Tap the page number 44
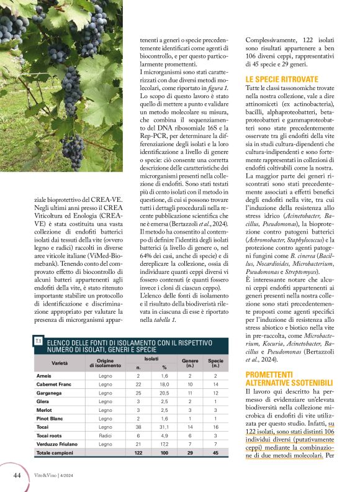(x=18, y=475)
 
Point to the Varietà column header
(x=60, y=362)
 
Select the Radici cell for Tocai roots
(x=106, y=437)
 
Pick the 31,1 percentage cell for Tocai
(x=164, y=428)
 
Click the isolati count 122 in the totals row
(x=138, y=454)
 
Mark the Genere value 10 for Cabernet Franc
(x=189, y=385)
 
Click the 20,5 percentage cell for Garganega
(x=164, y=393)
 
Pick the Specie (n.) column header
(x=215, y=363)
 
